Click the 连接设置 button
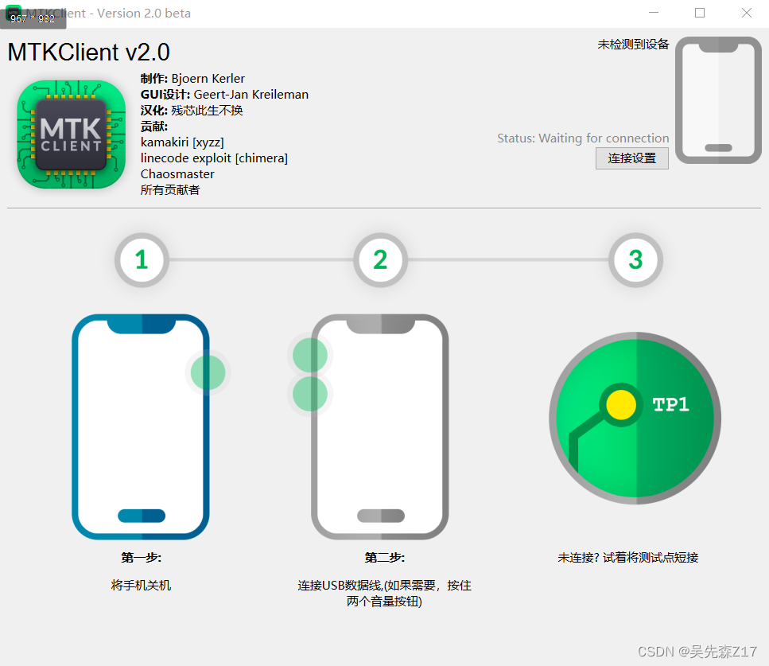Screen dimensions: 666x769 (x=632, y=158)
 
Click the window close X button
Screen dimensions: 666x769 (x=746, y=13)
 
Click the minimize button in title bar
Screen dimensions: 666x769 (x=654, y=13)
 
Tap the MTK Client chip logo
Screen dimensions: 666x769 (x=72, y=134)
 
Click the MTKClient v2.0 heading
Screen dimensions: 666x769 (x=88, y=53)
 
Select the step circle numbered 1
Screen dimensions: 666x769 (x=142, y=259)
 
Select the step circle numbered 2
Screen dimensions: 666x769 (x=380, y=259)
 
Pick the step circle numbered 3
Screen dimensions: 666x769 (x=635, y=259)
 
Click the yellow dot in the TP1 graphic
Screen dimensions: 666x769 (x=620, y=405)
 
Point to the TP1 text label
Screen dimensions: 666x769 (x=670, y=404)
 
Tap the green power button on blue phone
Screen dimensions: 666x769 (x=208, y=372)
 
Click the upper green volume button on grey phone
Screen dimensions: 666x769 (x=309, y=355)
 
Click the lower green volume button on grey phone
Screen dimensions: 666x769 (x=309, y=393)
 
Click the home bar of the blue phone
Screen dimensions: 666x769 (x=141, y=516)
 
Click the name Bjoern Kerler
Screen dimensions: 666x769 (x=208, y=79)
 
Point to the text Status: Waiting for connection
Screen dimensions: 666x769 (x=583, y=138)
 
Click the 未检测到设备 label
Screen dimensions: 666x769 (x=633, y=45)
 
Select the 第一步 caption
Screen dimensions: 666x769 (x=141, y=558)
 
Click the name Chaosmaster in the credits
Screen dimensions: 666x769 (x=177, y=174)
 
